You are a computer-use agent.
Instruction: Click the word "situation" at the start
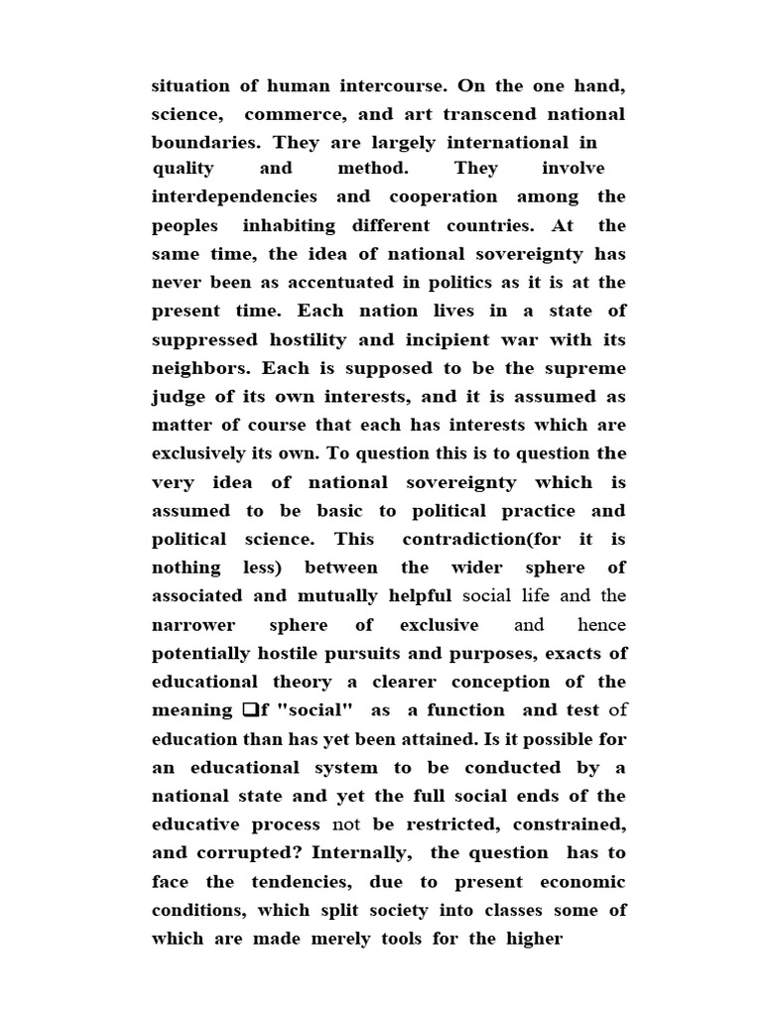pos(190,86)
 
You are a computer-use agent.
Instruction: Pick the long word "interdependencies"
pos(234,196)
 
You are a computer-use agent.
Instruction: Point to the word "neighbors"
pos(201,367)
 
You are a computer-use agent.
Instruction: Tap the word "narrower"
pos(192,625)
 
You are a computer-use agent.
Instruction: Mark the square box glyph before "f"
pos(249,710)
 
